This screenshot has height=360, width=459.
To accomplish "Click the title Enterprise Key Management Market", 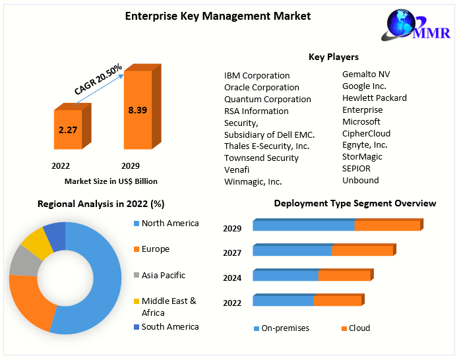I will [x=218, y=16].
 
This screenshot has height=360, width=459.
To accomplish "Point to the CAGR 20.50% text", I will [x=98, y=80].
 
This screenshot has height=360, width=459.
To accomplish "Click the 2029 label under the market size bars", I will [x=130, y=165].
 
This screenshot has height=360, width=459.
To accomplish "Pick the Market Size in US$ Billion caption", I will [x=111, y=181].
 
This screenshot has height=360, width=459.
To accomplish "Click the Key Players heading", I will [x=334, y=57].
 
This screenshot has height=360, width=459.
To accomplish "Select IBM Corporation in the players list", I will [x=257, y=76].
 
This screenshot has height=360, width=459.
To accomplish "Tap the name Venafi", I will [x=237, y=169].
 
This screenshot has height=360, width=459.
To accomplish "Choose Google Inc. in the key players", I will [x=364, y=86].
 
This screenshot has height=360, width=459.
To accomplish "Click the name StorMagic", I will [x=362, y=157].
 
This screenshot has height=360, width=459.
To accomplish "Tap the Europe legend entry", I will [x=155, y=249].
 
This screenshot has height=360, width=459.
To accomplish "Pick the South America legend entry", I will [x=169, y=327].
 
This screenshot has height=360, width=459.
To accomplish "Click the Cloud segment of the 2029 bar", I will [x=387, y=225].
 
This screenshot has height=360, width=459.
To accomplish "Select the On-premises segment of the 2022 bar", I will [x=283, y=301].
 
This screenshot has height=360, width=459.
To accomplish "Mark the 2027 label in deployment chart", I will [x=232, y=253].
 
